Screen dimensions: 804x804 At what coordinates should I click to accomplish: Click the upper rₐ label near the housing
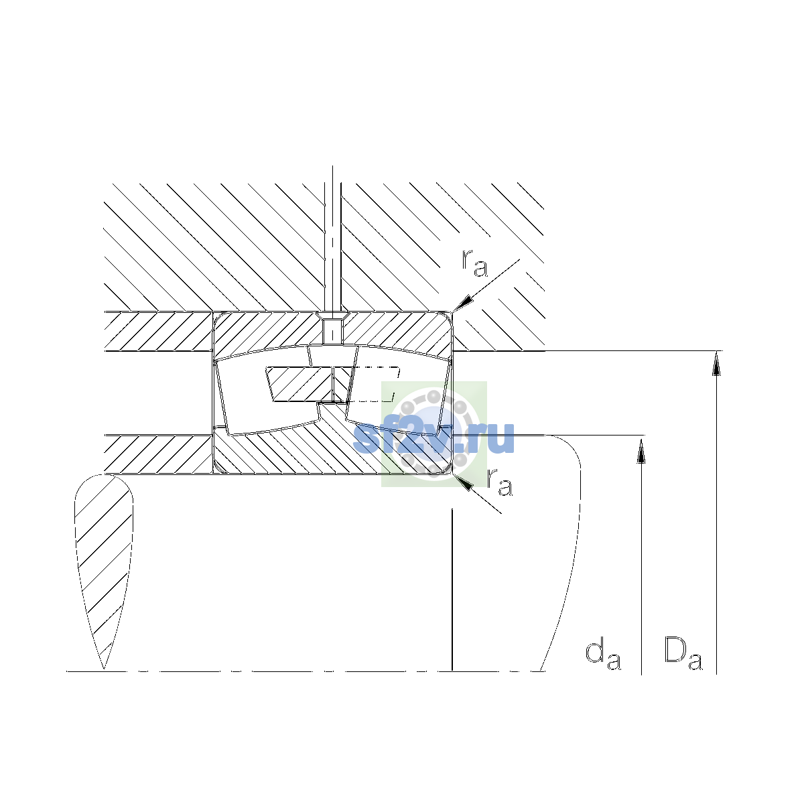474,263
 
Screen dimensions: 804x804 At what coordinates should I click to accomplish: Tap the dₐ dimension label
603,655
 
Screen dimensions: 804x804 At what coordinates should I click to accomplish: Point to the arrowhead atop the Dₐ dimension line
716,363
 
